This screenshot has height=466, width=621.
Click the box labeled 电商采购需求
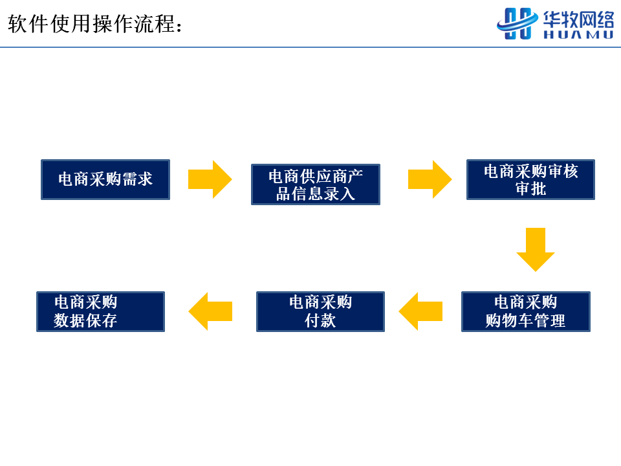click(105, 179)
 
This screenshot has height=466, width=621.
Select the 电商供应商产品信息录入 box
click(316, 184)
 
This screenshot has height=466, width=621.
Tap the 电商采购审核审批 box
click(530, 179)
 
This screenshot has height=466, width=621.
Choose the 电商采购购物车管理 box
click(525, 311)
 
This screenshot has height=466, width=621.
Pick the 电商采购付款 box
click(320, 311)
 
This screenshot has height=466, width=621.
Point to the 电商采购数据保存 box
click(101, 311)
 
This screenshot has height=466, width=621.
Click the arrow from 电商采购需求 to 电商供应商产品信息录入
click(210, 179)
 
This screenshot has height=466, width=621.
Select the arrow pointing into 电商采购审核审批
click(430, 179)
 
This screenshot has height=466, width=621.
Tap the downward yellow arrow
click(536, 250)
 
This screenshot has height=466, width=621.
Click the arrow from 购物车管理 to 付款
click(420, 311)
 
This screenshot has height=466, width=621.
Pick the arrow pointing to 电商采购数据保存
click(210, 311)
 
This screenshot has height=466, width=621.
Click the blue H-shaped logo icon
click(517, 24)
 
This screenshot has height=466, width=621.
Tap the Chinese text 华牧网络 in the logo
click(578, 19)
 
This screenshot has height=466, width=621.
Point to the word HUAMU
click(578, 35)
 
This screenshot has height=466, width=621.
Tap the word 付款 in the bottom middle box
click(320, 320)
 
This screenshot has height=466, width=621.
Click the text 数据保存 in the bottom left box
click(85, 320)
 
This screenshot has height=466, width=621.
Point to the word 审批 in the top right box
click(530, 188)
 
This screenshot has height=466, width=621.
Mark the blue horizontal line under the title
click(310, 47)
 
